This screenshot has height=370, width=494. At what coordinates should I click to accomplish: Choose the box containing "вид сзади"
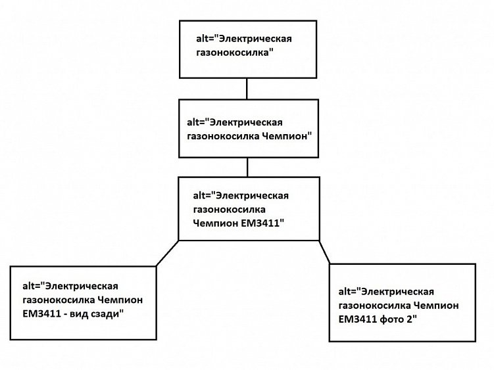pyautogui.click(x=82, y=302)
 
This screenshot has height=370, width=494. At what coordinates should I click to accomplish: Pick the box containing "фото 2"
pyautogui.click(x=403, y=303)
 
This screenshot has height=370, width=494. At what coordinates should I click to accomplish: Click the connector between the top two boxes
pyautogui.click(x=247, y=89)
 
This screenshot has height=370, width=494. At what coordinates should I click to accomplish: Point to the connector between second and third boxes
pyautogui.click(x=247, y=167)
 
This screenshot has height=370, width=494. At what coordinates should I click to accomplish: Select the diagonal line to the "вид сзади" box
pyautogui.click(x=168, y=253)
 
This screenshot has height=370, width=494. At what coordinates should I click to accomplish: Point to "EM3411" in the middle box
pyautogui.click(x=260, y=223)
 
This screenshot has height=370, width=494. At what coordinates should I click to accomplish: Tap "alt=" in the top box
pyautogui.click(x=207, y=38)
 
